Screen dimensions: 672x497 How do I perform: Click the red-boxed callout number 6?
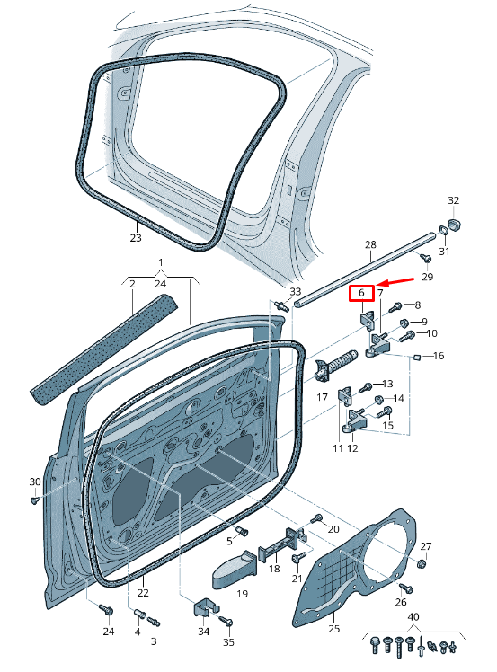point(360,294)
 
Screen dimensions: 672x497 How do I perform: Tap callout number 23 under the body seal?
point(136,238)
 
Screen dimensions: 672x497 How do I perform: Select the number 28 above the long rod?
point(369,244)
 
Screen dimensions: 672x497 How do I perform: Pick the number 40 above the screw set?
point(413,616)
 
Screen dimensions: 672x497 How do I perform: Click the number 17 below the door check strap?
point(322,397)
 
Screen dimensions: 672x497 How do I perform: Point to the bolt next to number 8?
point(396,306)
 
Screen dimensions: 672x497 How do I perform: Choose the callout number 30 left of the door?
point(35,482)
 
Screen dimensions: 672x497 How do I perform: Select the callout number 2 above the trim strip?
point(132,284)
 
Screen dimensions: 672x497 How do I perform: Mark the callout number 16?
point(439,357)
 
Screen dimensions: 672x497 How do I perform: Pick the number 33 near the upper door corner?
point(296,292)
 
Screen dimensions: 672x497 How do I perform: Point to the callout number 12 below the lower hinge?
point(352,447)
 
